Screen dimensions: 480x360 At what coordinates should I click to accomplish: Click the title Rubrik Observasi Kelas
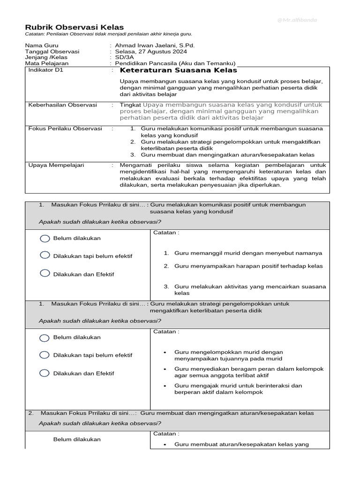74,28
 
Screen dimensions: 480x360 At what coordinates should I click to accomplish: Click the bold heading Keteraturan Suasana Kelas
179,71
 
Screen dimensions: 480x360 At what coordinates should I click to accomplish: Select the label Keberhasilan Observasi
62,105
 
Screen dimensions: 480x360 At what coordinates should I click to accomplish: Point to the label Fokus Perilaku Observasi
65,128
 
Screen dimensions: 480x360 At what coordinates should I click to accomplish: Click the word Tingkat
130,105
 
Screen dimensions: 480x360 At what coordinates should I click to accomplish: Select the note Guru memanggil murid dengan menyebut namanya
248,253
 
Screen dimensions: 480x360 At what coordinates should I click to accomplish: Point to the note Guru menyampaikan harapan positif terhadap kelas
248,266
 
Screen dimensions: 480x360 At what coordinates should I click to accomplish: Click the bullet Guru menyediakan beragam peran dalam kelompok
249,369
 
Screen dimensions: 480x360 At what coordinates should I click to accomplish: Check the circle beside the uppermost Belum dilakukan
45,239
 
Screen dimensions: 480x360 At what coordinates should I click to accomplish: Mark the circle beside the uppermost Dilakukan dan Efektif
45,274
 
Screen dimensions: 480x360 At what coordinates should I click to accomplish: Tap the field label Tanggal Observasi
52,52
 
